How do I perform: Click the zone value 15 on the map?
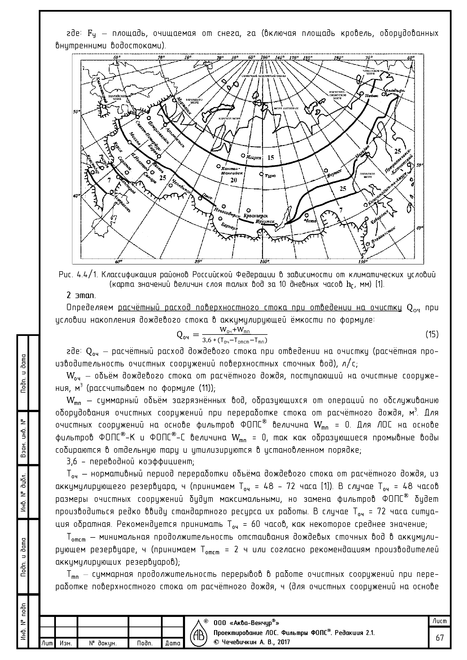click(x=271, y=158)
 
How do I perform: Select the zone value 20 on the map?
click(x=233, y=180)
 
